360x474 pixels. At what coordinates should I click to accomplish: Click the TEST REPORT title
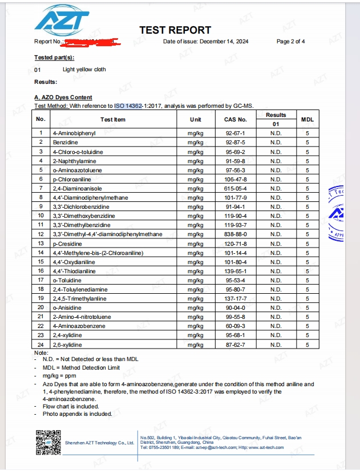tap(175, 30)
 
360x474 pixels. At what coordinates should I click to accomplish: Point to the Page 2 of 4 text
tap(290, 42)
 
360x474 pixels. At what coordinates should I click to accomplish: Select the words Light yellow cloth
tap(84, 70)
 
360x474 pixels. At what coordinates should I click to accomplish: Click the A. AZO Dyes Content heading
tap(63, 98)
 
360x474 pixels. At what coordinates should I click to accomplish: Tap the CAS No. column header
tap(235, 120)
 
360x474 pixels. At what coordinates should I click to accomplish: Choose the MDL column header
tap(307, 120)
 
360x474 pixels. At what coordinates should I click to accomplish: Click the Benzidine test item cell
tap(65, 142)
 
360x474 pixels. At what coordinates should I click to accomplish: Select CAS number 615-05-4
tap(235, 188)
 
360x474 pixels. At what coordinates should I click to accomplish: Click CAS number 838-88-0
tap(235, 234)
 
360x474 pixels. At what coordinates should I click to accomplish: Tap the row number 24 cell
tap(41, 345)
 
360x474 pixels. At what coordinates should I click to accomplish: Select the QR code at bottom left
tap(47, 441)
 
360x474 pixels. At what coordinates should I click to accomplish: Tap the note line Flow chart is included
tap(71, 407)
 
